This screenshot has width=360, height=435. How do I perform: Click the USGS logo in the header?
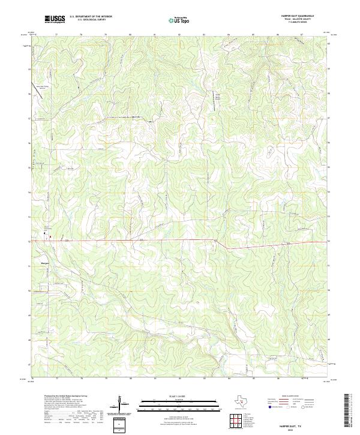[55, 19]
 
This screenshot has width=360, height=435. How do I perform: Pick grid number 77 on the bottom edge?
[56, 379]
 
